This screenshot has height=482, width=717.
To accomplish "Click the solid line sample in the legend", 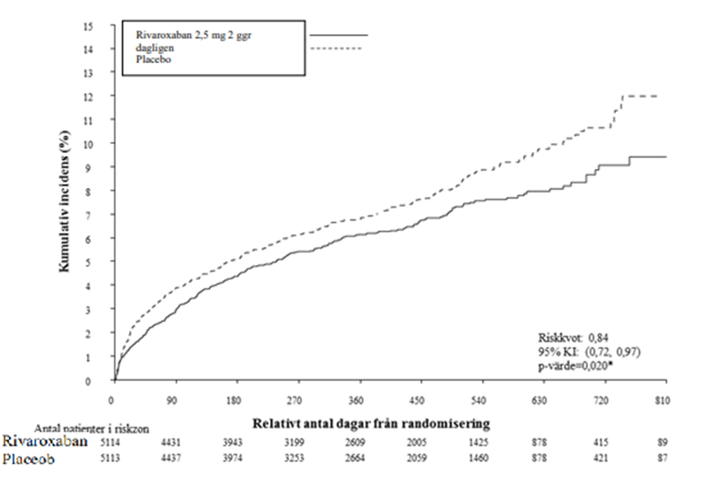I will tap(338, 34).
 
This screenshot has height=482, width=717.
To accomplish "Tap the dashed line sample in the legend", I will tap(338, 48).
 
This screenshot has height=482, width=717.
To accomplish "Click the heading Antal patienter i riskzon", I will tap(81, 428).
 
